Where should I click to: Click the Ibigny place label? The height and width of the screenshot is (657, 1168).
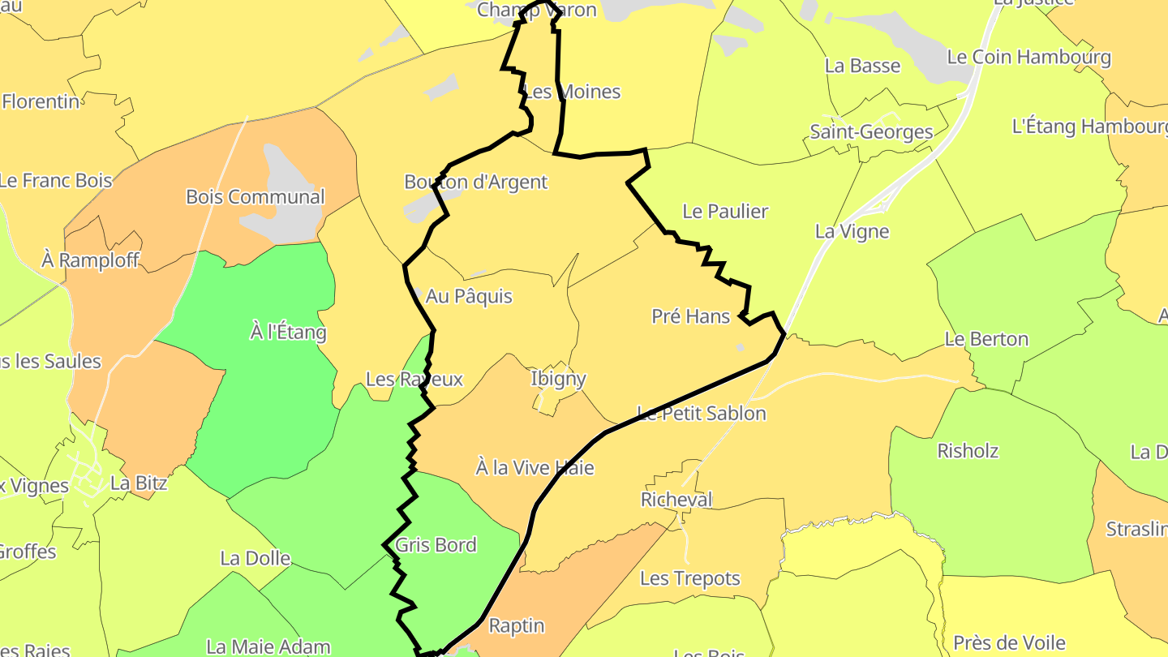click(558, 379)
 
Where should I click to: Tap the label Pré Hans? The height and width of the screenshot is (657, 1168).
click(691, 316)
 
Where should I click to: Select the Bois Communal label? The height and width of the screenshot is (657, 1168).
click(255, 197)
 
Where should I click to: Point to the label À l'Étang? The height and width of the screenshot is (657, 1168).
click(288, 332)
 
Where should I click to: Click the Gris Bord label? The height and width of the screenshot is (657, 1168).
click(436, 545)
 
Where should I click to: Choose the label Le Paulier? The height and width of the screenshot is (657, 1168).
click(725, 212)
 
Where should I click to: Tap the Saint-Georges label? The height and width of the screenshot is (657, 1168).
click(871, 132)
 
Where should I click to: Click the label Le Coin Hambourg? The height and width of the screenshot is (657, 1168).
click(1028, 58)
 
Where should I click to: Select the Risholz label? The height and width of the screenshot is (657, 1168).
click(968, 451)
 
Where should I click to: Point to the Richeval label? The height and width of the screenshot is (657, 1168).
click(676, 500)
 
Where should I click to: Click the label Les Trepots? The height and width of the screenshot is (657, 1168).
click(690, 578)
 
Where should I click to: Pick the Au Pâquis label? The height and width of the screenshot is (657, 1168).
click(469, 296)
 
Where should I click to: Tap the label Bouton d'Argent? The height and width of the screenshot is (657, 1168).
click(476, 182)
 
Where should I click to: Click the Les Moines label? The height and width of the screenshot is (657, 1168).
click(573, 92)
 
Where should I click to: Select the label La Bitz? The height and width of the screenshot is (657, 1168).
click(139, 483)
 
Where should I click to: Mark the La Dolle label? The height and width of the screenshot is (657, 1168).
click(255, 558)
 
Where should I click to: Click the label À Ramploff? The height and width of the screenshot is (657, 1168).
click(90, 260)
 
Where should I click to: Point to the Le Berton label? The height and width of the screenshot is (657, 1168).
click(986, 339)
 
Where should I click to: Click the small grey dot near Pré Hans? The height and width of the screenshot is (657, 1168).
click(740, 348)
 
